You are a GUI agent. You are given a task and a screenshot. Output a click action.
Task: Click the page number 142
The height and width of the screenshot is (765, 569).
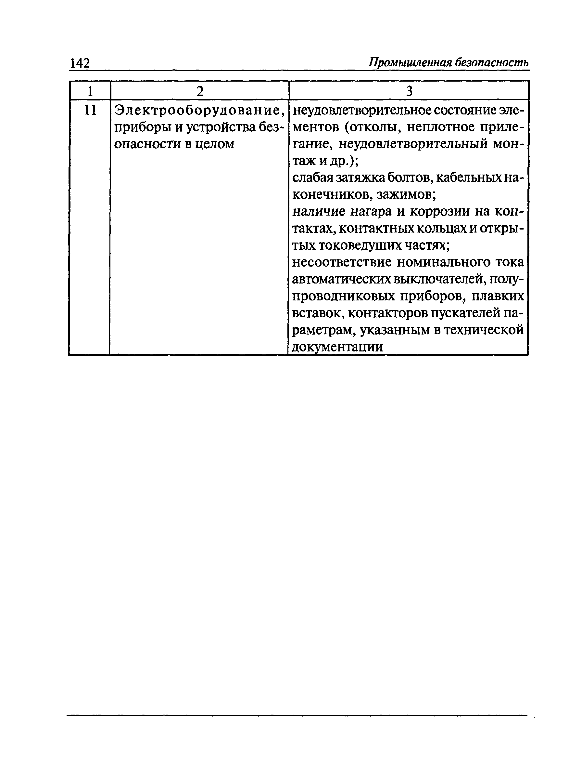point(80,63)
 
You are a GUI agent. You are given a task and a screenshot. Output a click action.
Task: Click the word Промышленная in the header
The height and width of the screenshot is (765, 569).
point(410,62)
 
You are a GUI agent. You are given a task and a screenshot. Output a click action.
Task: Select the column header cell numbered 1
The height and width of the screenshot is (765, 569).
point(90,91)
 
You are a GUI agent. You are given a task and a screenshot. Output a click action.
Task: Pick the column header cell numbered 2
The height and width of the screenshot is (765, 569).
point(200,91)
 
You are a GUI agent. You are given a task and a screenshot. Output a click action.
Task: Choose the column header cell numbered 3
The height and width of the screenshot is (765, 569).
point(409,91)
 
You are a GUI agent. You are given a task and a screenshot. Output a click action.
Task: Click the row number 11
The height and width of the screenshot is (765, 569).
point(90,110)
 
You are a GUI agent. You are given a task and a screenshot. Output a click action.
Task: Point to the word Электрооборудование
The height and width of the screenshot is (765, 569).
point(199,110)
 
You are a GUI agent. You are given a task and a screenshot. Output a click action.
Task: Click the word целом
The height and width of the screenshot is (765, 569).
point(214,144)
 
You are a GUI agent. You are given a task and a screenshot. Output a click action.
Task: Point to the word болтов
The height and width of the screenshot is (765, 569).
point(409,178)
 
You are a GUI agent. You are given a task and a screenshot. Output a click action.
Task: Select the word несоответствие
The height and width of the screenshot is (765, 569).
point(342,262)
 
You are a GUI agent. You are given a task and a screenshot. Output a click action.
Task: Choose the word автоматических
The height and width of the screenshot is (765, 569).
point(341,279)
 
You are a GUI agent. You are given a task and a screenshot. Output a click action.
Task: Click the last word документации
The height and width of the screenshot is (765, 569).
point(337,347)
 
